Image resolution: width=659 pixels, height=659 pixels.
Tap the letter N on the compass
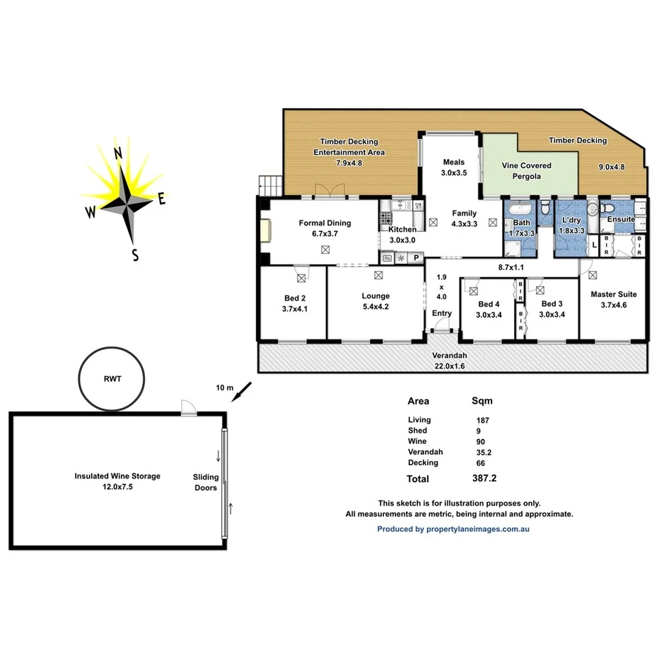[x=119, y=153]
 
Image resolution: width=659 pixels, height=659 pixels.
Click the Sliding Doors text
[x=206, y=482]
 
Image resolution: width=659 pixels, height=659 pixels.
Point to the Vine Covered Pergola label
[x=526, y=170]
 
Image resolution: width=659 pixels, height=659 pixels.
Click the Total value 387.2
[x=484, y=479]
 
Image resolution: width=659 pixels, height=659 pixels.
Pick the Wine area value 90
[x=481, y=441]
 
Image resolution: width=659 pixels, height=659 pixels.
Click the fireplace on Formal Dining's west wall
[x=265, y=231]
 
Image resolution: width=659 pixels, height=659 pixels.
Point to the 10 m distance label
[x=225, y=387]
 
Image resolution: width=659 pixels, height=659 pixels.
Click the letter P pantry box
[x=416, y=258]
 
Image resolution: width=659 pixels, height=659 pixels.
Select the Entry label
[x=441, y=313]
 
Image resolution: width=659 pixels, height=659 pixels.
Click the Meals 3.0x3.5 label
[x=454, y=167]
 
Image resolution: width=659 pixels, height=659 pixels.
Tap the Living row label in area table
[x=419, y=420]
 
